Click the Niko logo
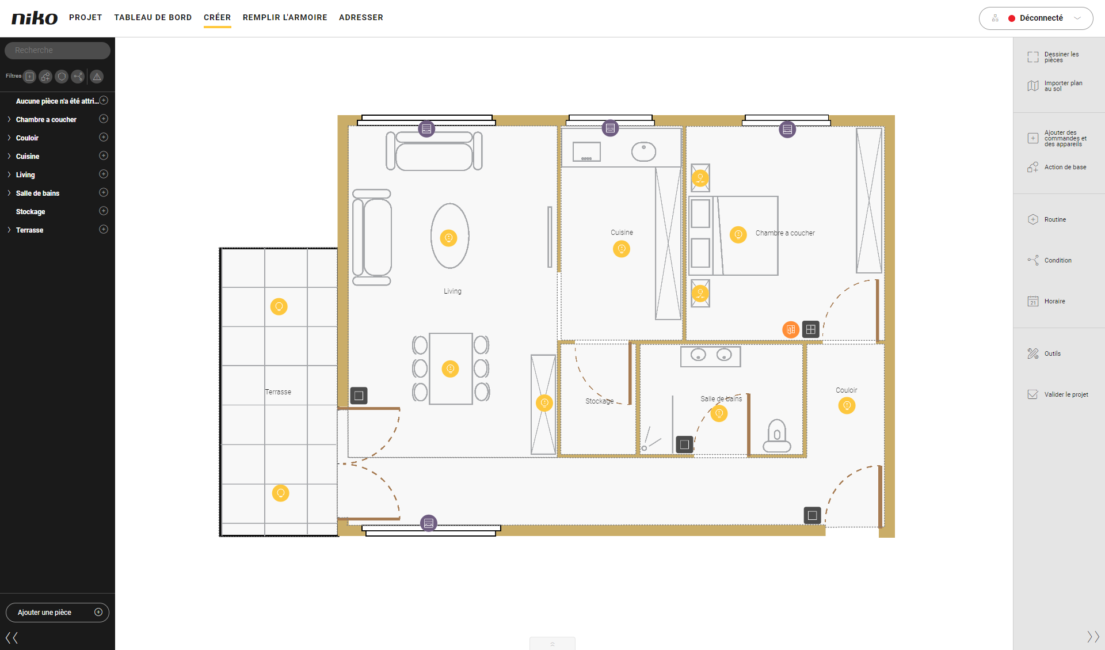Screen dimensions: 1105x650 coord(35,18)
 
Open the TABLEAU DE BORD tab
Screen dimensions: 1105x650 coord(153,17)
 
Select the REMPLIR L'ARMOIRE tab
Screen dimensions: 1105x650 coord(285,17)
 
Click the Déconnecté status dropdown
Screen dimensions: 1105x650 coord(1036,18)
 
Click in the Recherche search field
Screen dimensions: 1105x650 coord(58,50)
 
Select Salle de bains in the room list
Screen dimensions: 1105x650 coord(37,193)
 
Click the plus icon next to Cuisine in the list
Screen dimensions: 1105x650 coord(104,155)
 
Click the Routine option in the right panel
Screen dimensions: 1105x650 coord(1055,219)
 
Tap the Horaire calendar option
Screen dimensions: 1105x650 coord(1054,301)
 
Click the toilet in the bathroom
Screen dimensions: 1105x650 coord(777,436)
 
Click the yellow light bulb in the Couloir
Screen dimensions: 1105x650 coord(847,405)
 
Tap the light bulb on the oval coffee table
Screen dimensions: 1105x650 coord(448,237)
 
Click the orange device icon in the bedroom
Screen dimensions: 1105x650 coord(791,329)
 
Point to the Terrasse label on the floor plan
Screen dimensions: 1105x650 coord(278,391)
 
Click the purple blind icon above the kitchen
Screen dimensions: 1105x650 coord(610,128)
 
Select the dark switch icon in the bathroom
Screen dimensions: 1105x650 coord(684,444)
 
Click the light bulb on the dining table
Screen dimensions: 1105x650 coord(450,368)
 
